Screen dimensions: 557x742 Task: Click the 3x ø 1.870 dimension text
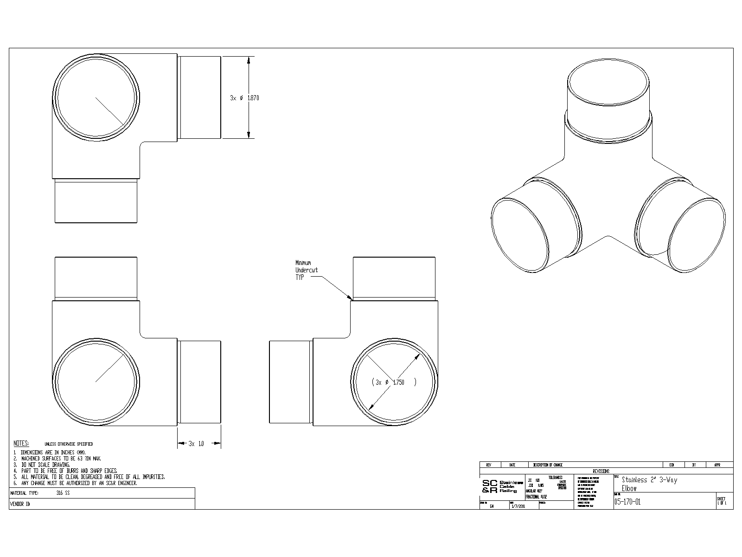(x=244, y=98)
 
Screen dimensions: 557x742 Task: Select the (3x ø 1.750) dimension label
(x=394, y=382)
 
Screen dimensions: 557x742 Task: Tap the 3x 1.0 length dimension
(x=196, y=444)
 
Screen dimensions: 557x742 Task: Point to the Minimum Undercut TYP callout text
(x=307, y=270)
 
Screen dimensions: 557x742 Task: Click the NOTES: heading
(x=21, y=443)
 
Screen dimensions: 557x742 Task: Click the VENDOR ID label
(x=19, y=504)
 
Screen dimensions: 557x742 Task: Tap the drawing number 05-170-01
(x=627, y=502)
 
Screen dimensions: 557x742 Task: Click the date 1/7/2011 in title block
(x=518, y=506)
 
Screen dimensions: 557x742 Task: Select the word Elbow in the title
(x=629, y=488)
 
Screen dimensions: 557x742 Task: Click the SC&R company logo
(x=490, y=486)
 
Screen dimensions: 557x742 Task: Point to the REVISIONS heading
(x=601, y=471)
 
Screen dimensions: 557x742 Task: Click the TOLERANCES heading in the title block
(x=555, y=477)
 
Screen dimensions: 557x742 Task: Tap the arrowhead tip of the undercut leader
(x=351, y=299)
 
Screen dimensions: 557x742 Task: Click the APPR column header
(x=717, y=465)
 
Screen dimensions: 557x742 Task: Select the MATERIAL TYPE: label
(x=25, y=493)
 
